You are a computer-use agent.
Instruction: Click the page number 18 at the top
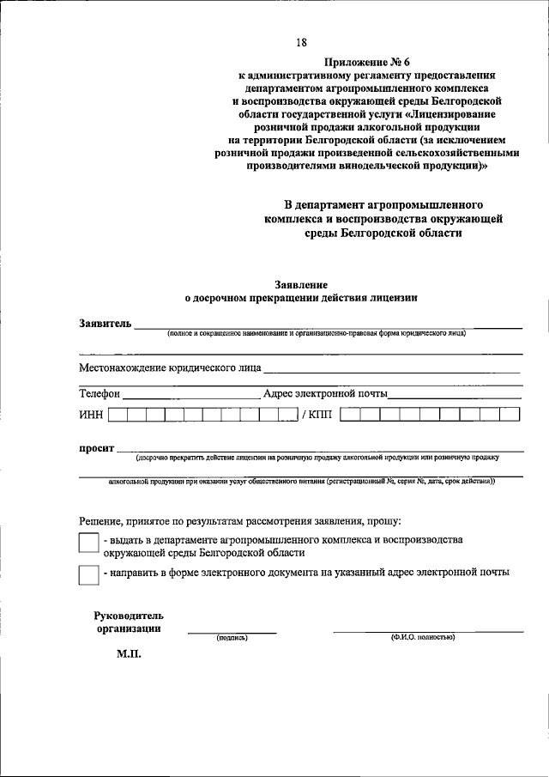tap(301, 43)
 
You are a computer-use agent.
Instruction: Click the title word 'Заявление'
tap(300, 284)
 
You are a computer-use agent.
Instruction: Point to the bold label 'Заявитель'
tap(105, 324)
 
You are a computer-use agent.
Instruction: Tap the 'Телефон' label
tap(100, 394)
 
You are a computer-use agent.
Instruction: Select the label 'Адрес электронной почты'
tap(325, 394)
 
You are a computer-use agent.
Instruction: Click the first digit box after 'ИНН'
tap(118, 415)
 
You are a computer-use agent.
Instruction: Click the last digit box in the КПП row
tap(510, 415)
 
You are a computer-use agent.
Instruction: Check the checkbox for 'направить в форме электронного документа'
tap(88, 574)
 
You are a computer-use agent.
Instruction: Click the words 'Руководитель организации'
tap(129, 622)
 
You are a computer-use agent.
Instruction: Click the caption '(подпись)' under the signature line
tap(232, 638)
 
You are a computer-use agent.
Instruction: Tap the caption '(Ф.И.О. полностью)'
tap(422, 637)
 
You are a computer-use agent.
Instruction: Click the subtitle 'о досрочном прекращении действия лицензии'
tap(301, 299)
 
